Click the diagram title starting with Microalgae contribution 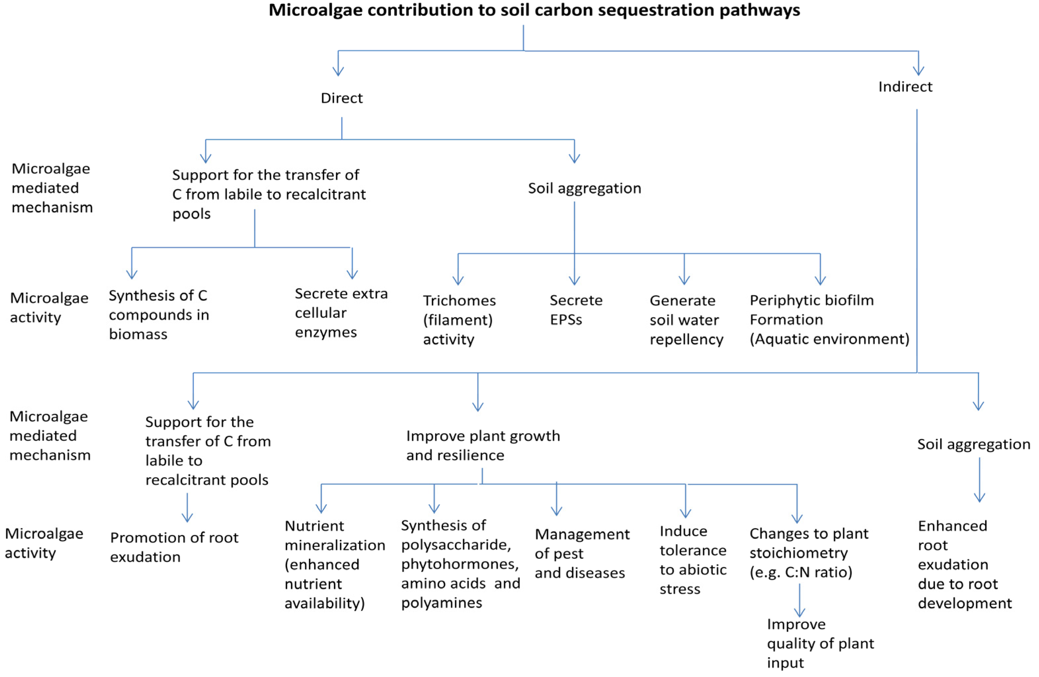pos(534,10)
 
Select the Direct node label pos(341,98)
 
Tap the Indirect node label pos(905,87)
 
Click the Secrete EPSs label pos(575,310)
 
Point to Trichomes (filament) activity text pos(459,320)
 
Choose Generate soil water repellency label pos(686,320)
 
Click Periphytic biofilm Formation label pos(829,320)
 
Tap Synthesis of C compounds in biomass pos(159,315)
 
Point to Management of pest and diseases pos(581,553)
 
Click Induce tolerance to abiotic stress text pos(692,560)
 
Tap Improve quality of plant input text pos(820,643)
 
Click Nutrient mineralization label pos(334,564)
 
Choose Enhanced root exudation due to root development pos(964,564)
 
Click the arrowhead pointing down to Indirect pos(918,70)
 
